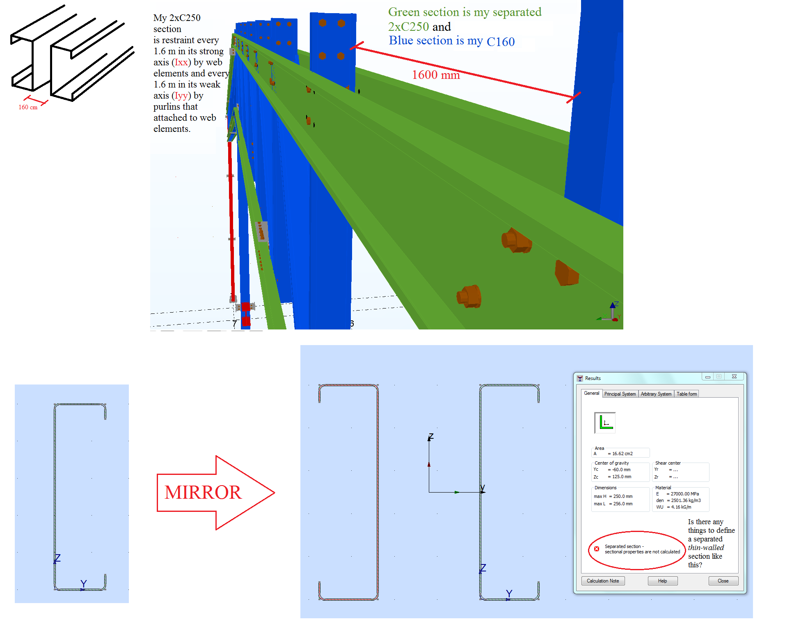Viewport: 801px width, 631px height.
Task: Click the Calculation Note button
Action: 602,581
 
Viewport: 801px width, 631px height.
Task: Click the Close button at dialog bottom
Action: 723,581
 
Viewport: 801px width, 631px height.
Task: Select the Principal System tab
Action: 620,394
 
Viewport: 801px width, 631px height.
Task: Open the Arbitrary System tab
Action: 656,394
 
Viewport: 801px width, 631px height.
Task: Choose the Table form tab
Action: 687,394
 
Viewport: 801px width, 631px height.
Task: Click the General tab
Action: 591,393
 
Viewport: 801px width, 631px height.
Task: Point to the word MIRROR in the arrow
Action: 203,492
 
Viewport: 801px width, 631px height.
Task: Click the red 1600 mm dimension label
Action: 436,75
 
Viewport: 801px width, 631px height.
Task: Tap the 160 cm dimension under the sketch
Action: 28,107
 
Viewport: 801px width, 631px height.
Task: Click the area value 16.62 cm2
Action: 622,454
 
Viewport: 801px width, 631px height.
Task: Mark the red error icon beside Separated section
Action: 597,549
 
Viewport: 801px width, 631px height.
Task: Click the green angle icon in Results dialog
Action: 605,423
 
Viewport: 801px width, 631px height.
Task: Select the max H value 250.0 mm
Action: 622,496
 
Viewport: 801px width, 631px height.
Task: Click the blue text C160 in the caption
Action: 500,42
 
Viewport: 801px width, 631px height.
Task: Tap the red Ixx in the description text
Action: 181,62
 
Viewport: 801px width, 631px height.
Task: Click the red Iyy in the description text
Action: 181,96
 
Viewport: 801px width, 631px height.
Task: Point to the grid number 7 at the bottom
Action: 234,323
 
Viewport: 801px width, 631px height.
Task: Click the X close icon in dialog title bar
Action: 734,376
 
